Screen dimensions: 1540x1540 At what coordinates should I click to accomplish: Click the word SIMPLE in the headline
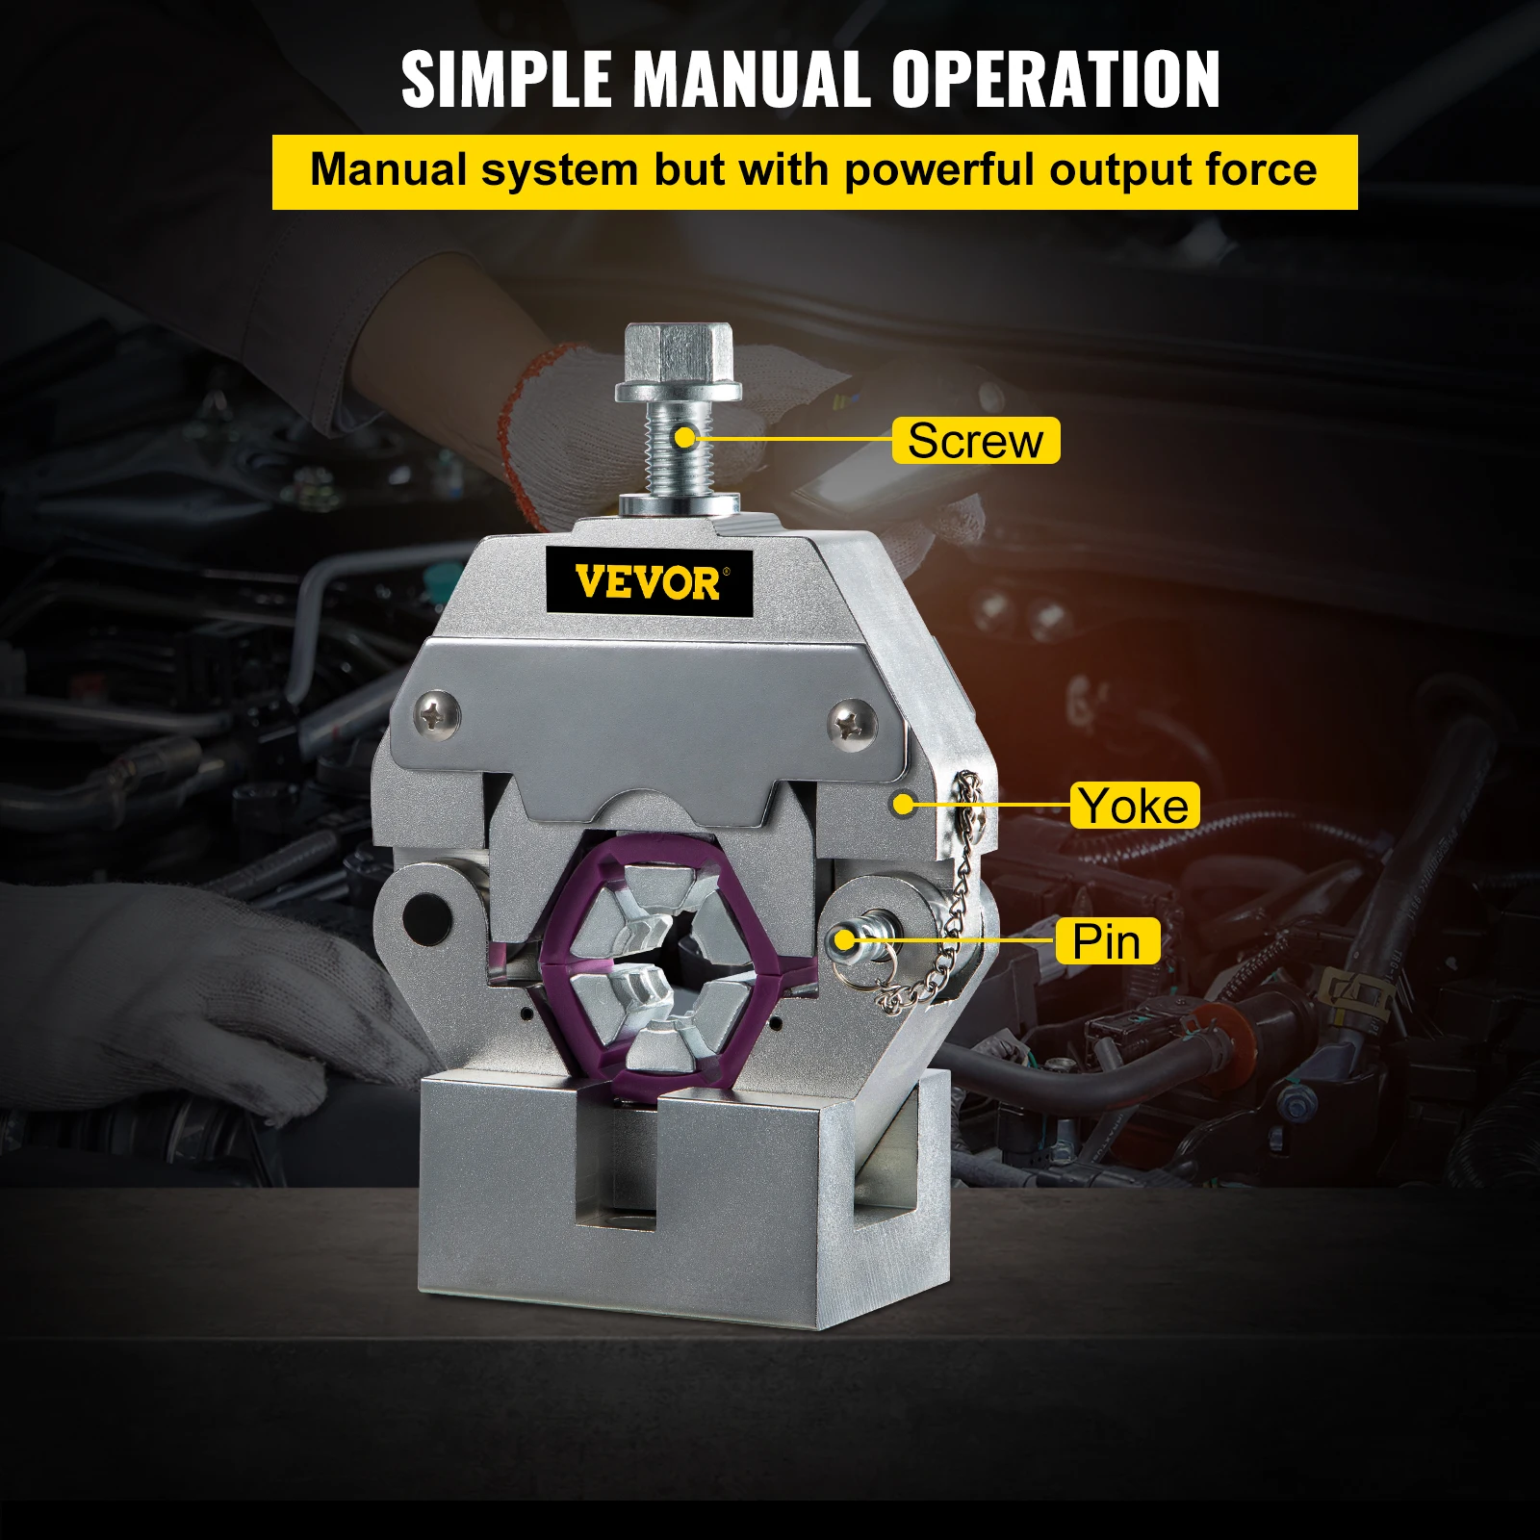point(505,79)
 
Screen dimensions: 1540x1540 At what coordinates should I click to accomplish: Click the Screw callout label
point(975,441)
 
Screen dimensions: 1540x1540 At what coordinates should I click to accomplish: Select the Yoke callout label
point(1134,806)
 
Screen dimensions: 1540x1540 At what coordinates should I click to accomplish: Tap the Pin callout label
point(1106,941)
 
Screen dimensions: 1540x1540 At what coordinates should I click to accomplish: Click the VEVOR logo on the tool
point(648,582)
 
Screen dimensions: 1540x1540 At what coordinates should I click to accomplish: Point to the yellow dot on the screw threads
point(684,438)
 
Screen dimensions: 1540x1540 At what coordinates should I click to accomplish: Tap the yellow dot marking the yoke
point(903,802)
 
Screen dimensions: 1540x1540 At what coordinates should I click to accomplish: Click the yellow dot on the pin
point(845,939)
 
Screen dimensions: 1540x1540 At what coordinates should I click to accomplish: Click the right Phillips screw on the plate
point(852,720)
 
